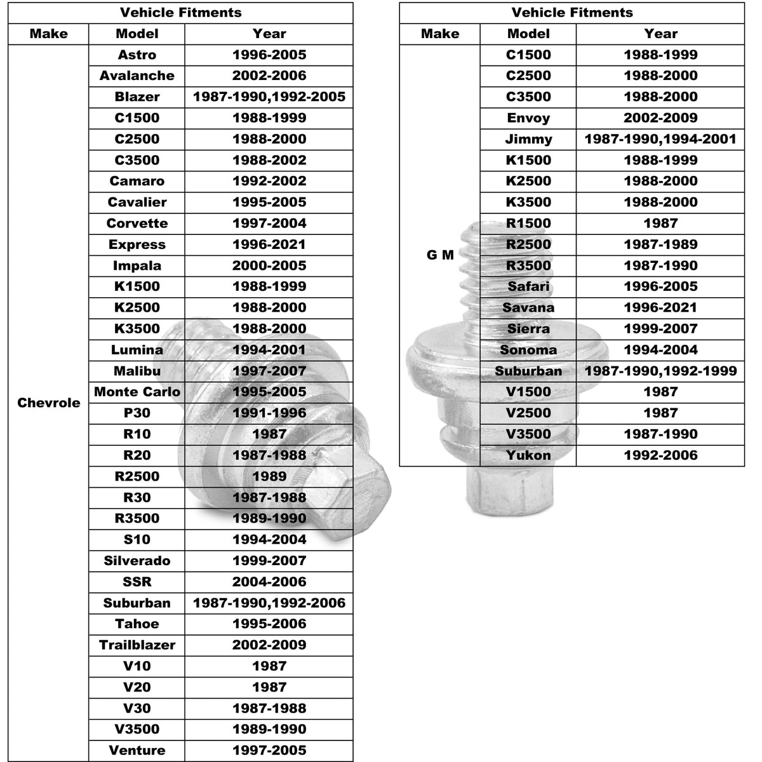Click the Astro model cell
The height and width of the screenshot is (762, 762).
coord(137,55)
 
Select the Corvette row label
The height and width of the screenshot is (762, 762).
coord(137,224)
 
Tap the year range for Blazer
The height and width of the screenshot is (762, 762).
coord(269,97)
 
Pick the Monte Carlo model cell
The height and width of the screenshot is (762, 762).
coord(137,392)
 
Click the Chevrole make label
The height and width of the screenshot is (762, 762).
coord(48,403)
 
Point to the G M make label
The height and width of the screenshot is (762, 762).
coord(439,255)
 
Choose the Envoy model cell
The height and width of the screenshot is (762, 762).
coord(528,118)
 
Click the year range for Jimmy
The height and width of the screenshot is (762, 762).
coord(660,139)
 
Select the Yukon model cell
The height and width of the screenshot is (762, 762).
coord(528,455)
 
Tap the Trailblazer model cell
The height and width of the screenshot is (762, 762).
coord(137,645)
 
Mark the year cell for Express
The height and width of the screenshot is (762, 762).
coord(269,244)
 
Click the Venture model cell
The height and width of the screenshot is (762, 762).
coord(137,751)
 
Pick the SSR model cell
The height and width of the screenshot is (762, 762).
coord(137,582)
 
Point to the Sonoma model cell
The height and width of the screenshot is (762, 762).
coord(528,350)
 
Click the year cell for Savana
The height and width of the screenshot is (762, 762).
coord(660,307)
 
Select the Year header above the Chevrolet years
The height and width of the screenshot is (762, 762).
coord(269,34)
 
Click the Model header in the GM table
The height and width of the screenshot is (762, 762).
coord(528,34)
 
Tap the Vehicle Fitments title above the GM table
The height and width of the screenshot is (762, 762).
coord(571,13)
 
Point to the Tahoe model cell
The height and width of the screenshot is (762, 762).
coord(137,624)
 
